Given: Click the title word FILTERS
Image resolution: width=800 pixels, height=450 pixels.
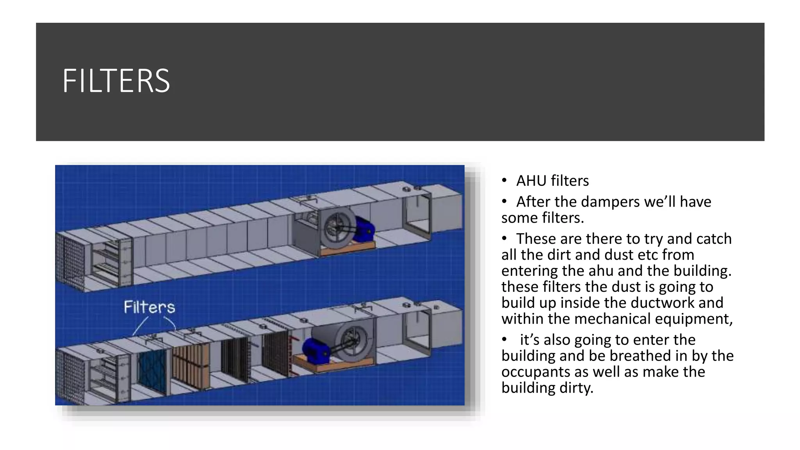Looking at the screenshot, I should [x=116, y=81].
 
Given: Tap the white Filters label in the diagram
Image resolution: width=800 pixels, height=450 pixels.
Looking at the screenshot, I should [x=149, y=307].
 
